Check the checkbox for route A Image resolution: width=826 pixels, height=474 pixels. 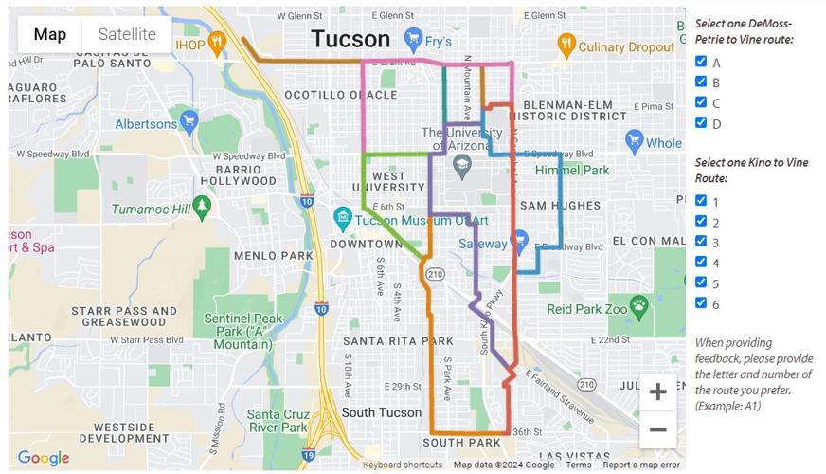pyautogui.click(x=701, y=62)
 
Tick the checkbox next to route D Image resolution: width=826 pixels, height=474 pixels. pyautogui.click(x=701, y=122)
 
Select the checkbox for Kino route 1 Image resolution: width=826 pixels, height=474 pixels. pyautogui.click(x=701, y=200)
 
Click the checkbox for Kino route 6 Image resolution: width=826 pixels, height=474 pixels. pyautogui.click(x=701, y=302)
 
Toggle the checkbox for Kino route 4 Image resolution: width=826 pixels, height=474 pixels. pyautogui.click(x=701, y=262)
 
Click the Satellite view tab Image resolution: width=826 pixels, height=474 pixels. pyautogui.click(x=127, y=34)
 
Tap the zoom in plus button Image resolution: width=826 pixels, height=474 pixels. pyautogui.click(x=657, y=392)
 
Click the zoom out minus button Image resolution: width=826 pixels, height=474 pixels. pyautogui.click(x=657, y=429)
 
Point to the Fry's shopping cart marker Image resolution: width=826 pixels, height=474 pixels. pyautogui.click(x=413, y=40)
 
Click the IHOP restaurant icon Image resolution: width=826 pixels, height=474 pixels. pyautogui.click(x=217, y=43)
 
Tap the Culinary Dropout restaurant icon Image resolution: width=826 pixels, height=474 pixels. pyautogui.click(x=566, y=43)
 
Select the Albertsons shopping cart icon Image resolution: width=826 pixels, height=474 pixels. pyautogui.click(x=189, y=121)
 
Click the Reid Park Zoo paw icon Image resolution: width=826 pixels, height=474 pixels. pyautogui.click(x=639, y=305)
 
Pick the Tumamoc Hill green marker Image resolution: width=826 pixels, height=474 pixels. pyautogui.click(x=201, y=206)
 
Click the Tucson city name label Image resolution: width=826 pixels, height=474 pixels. pyautogui.click(x=350, y=39)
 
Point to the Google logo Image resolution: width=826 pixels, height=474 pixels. pyautogui.click(x=44, y=458)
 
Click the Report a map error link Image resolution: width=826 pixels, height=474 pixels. pyautogui.click(x=641, y=465)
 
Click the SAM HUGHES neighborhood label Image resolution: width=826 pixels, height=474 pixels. pyautogui.click(x=560, y=205)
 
